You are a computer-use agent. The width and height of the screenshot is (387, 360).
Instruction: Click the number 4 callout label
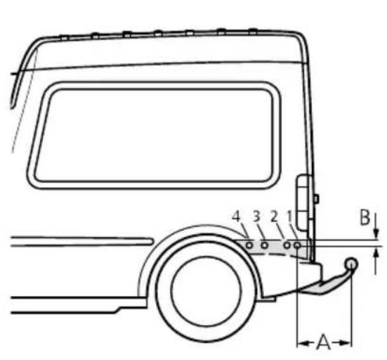[236, 217]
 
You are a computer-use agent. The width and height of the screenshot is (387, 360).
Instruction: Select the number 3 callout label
[256, 217]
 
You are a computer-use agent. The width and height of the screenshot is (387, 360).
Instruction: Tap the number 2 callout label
[274, 217]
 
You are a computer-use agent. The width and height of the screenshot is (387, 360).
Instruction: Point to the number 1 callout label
[289, 217]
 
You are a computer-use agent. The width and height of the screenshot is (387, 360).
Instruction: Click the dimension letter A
[323, 342]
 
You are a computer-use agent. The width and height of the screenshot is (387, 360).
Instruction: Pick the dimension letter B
[365, 217]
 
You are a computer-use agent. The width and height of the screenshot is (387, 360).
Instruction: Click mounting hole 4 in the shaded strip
[249, 245]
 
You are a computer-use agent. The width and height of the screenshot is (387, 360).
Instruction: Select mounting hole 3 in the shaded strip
[264, 245]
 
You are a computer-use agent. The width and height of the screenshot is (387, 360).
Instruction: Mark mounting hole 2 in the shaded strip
[287, 245]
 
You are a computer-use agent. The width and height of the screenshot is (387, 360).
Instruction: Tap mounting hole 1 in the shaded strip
[298, 245]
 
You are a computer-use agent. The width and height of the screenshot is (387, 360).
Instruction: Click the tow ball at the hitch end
[351, 264]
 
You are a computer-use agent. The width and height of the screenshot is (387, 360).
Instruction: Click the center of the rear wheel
[206, 292]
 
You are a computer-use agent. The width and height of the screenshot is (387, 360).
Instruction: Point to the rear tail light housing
[303, 202]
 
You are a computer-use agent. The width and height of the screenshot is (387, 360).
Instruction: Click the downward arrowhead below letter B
[376, 234]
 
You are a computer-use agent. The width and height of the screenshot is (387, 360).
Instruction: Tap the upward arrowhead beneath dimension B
[376, 252]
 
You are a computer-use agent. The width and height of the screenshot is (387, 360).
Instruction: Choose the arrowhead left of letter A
[303, 343]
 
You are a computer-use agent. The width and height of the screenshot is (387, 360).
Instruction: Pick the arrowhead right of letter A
[345, 343]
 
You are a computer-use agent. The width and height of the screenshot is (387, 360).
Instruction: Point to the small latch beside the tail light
[315, 199]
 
